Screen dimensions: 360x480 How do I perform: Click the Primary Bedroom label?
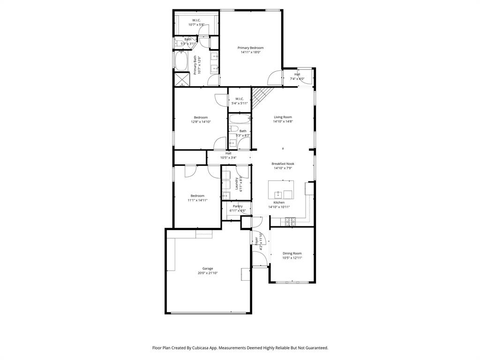[x=250, y=48]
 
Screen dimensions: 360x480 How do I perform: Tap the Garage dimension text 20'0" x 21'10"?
[x=208, y=273]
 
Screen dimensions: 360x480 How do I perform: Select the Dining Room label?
[x=292, y=253]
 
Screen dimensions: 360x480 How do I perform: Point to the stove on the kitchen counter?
[x=290, y=219]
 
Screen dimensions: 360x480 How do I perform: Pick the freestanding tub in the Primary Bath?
[x=181, y=61]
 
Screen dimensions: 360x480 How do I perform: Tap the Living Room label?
[x=283, y=117]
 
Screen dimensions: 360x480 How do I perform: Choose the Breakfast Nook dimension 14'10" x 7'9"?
[x=283, y=168]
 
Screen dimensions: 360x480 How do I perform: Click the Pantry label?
[x=238, y=206]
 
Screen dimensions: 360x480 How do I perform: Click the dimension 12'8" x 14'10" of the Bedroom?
[x=201, y=122]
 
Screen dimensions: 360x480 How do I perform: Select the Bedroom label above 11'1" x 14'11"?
[x=197, y=195]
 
